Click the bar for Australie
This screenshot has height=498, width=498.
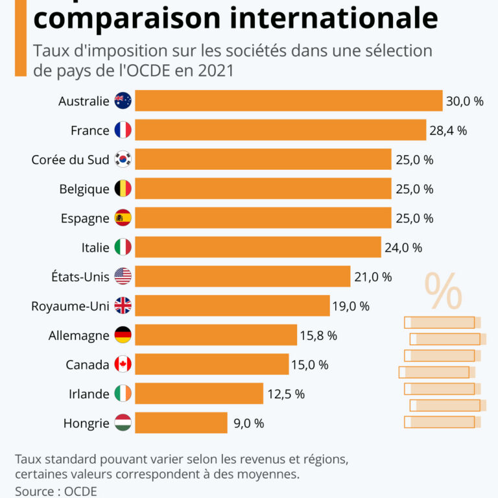tap(289, 101)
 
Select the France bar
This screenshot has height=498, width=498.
tap(280, 130)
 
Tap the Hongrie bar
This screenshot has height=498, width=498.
tap(181, 423)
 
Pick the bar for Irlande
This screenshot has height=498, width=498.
tap(199, 394)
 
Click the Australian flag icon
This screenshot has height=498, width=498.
tap(123, 101)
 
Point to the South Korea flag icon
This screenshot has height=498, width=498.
tap(123, 160)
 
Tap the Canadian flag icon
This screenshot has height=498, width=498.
tap(123, 364)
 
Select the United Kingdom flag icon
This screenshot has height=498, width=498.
tap(123, 305)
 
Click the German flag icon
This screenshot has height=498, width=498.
tap(123, 335)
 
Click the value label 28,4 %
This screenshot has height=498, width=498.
tap(448, 130)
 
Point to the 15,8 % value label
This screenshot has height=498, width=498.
tap(318, 335)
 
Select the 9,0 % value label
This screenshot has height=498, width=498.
tap(248, 423)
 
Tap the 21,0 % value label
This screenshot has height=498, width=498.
tap(373, 277)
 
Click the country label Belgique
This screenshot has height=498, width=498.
tap(84, 189)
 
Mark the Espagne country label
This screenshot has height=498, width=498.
tap(86, 219)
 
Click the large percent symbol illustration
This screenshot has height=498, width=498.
tap(444, 291)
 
